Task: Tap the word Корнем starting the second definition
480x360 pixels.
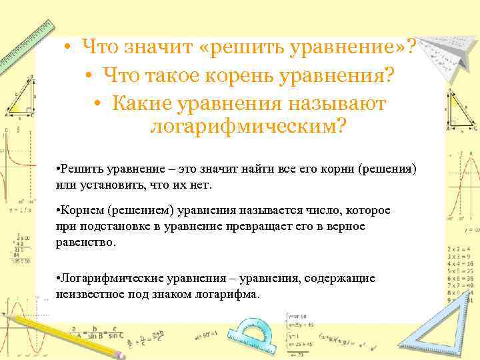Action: point(79,211)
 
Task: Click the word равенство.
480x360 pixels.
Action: point(85,243)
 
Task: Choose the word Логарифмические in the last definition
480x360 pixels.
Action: point(105,277)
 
